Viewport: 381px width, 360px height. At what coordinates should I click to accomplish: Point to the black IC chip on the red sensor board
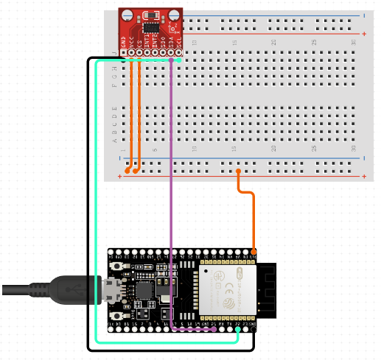point(151,27)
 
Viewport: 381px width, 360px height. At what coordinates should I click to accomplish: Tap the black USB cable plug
point(74,289)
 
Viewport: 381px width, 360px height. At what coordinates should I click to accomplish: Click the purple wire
point(171,191)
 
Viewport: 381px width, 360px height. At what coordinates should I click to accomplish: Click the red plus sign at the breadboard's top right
point(364,34)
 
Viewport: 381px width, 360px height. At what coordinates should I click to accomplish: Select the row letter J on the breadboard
point(113,54)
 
